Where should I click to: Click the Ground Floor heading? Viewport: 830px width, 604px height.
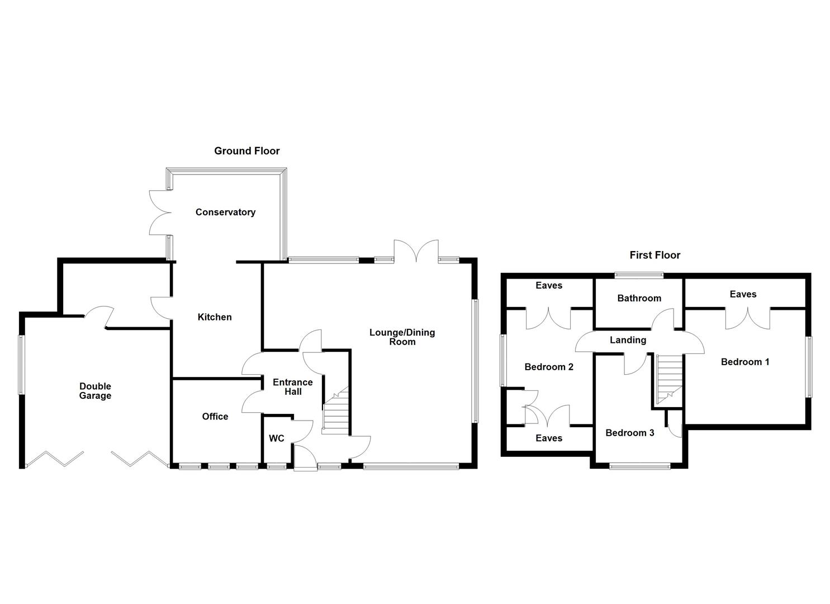pos(246,151)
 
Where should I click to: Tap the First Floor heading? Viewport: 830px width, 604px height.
pos(654,255)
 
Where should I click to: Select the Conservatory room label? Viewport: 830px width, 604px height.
pos(225,212)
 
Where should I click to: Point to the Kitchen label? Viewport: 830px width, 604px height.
pos(215,317)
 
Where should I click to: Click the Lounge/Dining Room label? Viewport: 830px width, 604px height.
pos(402,337)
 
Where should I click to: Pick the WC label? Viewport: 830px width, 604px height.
pos(277,438)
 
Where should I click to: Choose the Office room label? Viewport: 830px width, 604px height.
pos(215,416)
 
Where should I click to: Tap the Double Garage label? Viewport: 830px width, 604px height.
pos(95,391)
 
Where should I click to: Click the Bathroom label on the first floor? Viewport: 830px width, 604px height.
pos(639,298)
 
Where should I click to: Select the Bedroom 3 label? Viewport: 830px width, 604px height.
pos(629,433)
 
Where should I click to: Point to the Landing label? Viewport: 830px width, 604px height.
pos(628,340)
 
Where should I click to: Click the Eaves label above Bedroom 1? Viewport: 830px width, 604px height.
pos(743,294)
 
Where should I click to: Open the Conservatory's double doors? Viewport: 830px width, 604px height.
pos(159,212)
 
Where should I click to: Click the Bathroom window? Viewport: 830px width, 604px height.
pos(639,275)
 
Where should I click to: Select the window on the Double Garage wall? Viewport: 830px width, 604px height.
pos(21,365)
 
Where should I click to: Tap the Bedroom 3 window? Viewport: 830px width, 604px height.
pos(639,465)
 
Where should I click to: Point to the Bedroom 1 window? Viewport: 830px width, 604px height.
pos(808,367)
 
